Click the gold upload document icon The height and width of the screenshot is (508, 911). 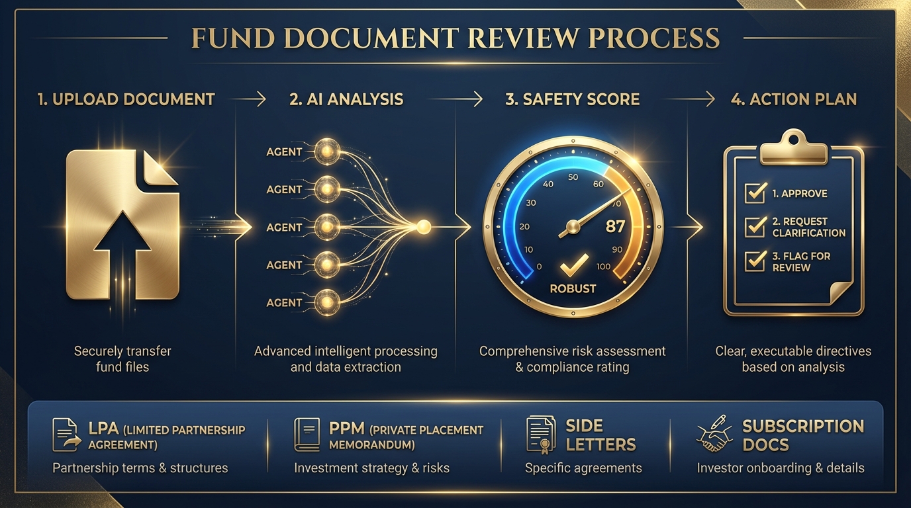point(123,225)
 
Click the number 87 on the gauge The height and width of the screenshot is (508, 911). point(615,226)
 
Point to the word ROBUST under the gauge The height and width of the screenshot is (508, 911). point(573,288)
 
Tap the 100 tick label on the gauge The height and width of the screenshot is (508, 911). point(603,267)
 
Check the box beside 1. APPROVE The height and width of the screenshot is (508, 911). point(755,192)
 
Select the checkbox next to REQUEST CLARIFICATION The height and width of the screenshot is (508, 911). point(755,226)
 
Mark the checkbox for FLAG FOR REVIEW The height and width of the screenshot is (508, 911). point(755,260)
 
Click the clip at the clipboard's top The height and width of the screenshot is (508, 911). point(793,148)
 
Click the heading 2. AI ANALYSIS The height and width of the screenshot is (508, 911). point(346,99)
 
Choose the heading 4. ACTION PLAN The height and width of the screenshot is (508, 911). point(794,99)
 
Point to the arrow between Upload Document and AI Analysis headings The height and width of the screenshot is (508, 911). point(250,99)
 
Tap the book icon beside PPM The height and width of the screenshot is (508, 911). point(307,435)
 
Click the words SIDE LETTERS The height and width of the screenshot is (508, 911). point(600,435)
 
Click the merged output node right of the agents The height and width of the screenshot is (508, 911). point(424,227)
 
